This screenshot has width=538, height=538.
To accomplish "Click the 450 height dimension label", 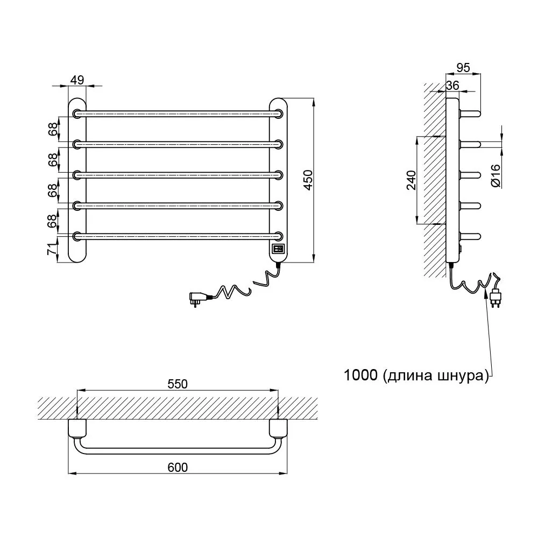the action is [308, 180].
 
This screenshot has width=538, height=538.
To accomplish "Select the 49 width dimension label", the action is [77, 80].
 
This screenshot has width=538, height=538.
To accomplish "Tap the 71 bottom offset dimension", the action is [52, 249].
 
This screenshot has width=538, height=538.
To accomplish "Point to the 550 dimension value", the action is [178, 384].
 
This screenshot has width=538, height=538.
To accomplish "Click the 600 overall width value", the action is [178, 468].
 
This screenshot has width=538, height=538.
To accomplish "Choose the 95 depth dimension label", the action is [463, 68].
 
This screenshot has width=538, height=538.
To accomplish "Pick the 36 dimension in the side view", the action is [452, 86].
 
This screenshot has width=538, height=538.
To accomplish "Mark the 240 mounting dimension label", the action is [411, 180].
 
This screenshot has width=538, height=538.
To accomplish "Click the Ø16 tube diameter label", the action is [496, 176].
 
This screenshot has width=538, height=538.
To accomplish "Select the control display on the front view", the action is [278, 249].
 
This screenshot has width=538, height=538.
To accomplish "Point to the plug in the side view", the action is [495, 296].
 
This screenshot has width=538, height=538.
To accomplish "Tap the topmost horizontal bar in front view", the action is [178, 114].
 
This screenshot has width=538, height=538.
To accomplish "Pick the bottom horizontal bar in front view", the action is [178, 236].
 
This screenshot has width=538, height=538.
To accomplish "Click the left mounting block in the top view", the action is [77, 429].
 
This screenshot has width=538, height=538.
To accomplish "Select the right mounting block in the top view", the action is [278, 429].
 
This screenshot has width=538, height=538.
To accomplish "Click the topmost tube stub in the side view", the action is [470, 114].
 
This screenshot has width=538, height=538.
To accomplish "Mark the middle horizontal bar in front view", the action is [178, 175].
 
